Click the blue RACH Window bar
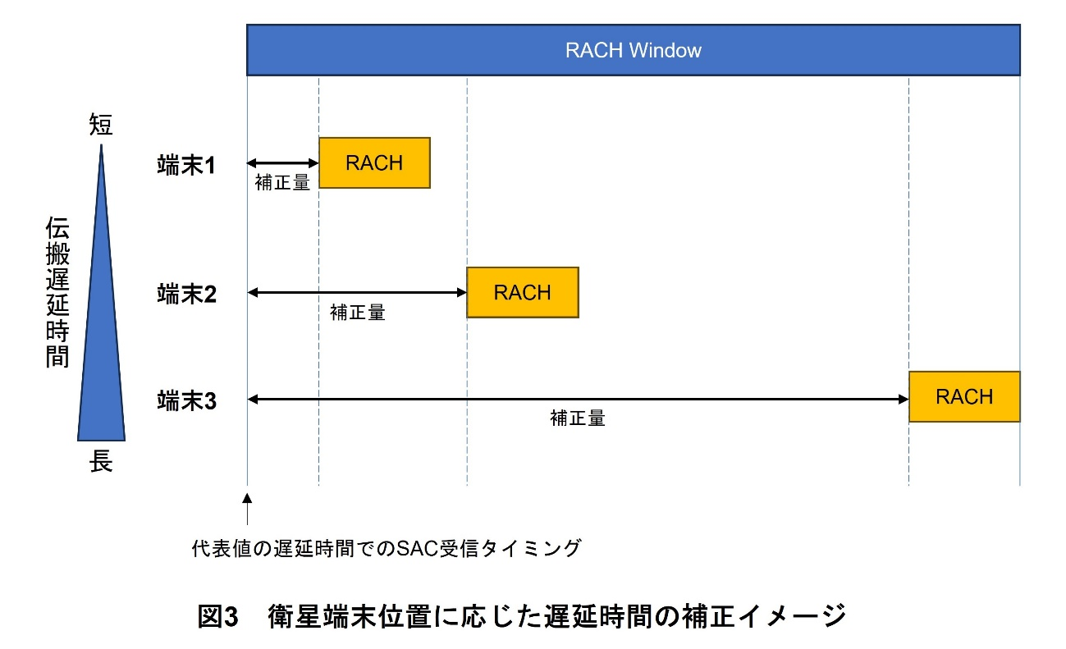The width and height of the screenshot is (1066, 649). click(x=633, y=50)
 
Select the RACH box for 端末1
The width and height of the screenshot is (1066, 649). click(x=374, y=162)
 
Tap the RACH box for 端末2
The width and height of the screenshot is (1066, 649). click(x=522, y=292)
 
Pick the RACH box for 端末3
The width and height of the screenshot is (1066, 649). click(x=964, y=397)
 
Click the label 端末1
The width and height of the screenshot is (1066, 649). click(x=186, y=166)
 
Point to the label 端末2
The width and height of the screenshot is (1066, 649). click(x=186, y=294)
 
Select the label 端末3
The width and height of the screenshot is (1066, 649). click(x=186, y=400)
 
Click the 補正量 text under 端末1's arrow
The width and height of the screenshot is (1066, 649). click(x=282, y=183)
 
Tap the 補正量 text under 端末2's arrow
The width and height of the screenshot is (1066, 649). click(x=357, y=313)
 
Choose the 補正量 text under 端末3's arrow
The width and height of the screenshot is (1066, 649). click(x=578, y=419)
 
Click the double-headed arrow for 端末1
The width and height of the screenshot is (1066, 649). click(x=282, y=163)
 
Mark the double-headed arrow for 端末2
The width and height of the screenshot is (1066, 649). click(x=357, y=292)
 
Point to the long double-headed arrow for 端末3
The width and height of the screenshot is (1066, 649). click(x=578, y=400)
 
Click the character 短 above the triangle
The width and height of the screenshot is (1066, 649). click(x=101, y=126)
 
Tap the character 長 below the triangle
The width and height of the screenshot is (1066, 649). click(x=101, y=462)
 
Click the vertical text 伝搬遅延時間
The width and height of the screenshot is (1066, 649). click(x=57, y=292)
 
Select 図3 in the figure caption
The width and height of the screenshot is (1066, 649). click(x=218, y=616)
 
